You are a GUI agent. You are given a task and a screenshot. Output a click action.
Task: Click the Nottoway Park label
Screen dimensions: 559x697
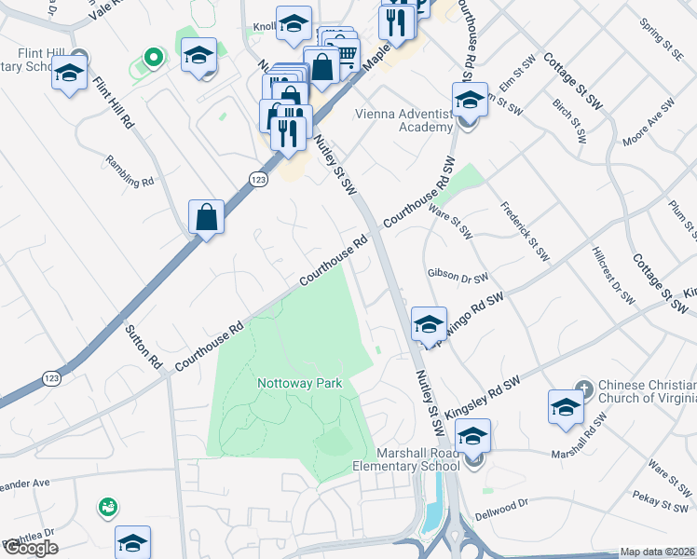[x=300, y=383]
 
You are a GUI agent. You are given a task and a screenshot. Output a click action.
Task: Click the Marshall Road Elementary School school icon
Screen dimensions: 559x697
[x=472, y=437]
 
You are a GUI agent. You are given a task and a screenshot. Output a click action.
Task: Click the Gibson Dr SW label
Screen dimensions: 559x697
[x=458, y=277]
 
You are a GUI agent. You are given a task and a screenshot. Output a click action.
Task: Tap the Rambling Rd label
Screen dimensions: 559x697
[x=130, y=170]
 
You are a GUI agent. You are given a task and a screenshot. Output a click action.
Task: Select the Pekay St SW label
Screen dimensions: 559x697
[x=658, y=500]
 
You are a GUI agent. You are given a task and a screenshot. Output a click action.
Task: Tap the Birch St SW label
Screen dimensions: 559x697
[x=569, y=121]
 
